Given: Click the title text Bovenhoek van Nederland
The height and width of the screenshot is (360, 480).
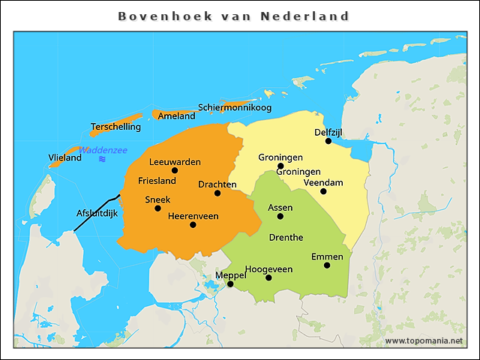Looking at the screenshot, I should [234, 16].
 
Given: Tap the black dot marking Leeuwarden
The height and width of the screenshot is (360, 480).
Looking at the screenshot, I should [175, 170].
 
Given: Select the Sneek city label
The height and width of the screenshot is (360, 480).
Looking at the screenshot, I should [157, 199].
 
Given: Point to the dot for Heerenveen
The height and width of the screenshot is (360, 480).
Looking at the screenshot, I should [193, 224].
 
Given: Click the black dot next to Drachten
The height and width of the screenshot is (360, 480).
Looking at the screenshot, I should [217, 193].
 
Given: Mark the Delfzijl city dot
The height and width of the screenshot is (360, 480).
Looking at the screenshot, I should [328, 141].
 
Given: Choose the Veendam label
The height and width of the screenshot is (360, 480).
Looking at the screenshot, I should [323, 182].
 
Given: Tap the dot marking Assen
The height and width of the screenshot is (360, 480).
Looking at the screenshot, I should [280, 216].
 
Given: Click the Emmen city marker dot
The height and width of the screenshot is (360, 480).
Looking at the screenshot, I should [327, 265].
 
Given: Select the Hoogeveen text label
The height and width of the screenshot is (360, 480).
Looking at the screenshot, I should [268, 268].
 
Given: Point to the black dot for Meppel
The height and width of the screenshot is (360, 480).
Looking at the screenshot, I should [230, 284].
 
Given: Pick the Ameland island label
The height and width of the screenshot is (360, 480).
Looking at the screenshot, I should [176, 115].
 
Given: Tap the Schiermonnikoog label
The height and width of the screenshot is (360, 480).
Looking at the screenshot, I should [235, 107].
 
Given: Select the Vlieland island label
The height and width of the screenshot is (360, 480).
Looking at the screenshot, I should [64, 157].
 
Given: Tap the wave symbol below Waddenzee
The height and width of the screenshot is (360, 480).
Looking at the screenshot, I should [102, 159].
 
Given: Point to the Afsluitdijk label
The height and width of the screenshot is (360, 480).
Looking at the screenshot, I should [97, 213].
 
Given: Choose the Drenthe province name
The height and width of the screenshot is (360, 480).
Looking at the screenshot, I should [286, 237].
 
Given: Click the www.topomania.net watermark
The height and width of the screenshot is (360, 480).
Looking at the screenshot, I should [424, 340].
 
